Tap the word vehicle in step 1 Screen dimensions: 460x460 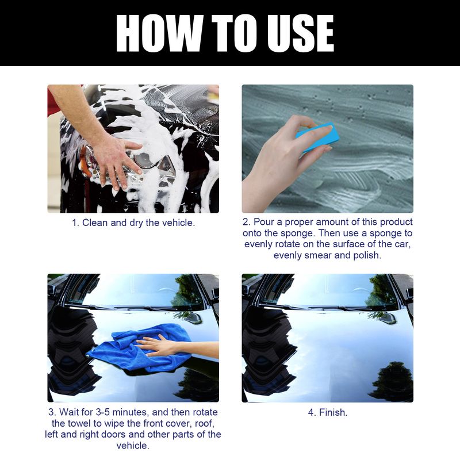pos(176,222)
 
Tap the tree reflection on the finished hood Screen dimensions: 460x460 pos(391,379)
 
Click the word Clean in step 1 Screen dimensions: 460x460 pos(95,222)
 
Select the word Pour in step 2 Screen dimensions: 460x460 pos(264,222)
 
